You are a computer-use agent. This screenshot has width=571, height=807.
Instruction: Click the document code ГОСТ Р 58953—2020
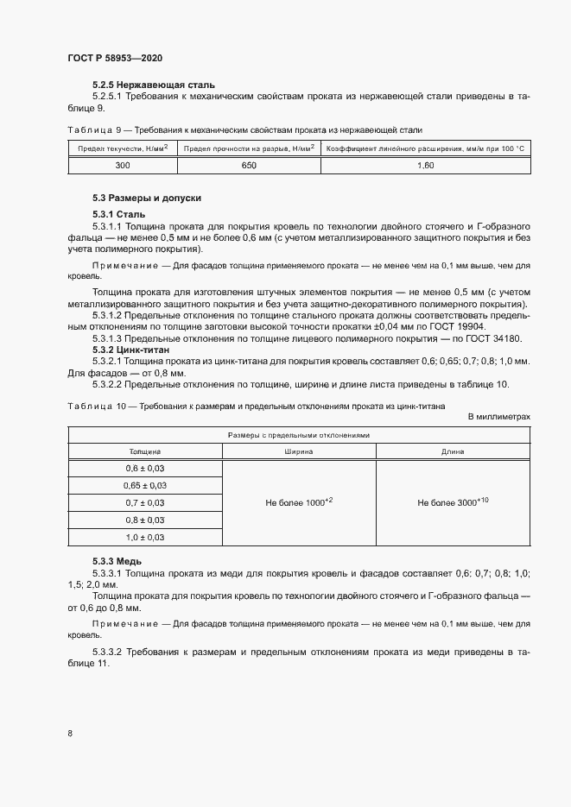point(115,58)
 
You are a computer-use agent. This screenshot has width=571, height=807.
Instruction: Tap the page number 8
point(70,734)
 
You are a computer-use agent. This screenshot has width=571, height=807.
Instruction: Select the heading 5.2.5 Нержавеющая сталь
point(142,86)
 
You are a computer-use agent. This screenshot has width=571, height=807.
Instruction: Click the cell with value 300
point(122,165)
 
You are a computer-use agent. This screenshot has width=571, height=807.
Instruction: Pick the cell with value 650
point(249,165)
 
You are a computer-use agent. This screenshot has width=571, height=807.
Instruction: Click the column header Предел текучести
point(122,148)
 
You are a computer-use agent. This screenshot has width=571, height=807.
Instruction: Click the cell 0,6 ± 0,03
point(145,468)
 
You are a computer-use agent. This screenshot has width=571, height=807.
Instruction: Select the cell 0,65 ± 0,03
point(145,486)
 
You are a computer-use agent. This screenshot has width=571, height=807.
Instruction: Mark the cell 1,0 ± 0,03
point(145,537)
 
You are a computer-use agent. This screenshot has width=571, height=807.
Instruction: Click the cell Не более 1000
point(299,502)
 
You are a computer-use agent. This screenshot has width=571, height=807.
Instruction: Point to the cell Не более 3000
point(453,502)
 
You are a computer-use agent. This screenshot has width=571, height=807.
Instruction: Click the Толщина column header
point(145,451)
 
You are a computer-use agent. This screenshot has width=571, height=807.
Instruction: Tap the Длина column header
point(453,451)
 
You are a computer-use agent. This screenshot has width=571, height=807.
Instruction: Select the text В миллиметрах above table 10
point(498,416)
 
